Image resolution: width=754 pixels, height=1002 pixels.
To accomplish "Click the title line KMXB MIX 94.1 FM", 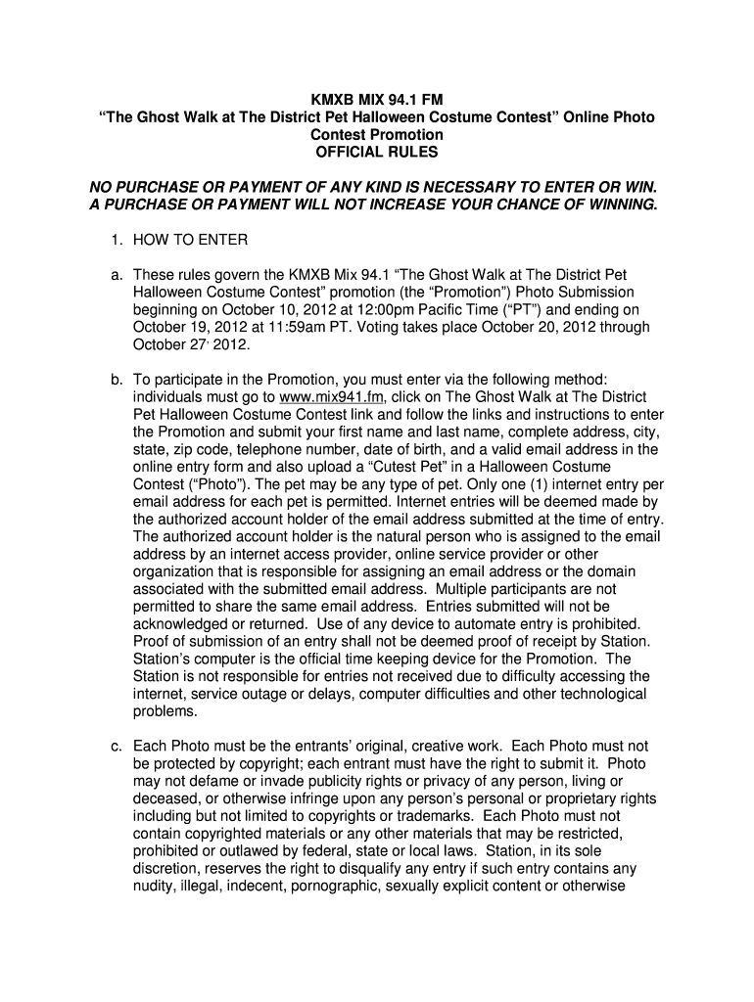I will pyautogui.click(x=377, y=99).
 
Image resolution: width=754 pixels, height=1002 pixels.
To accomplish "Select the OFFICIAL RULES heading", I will pyautogui.click(x=377, y=152).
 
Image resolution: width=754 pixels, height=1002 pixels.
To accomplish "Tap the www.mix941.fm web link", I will pyautogui.click(x=332, y=397).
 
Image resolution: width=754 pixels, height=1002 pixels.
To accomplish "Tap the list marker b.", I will pyautogui.click(x=113, y=380).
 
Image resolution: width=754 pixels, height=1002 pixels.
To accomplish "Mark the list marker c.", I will pyautogui.click(x=113, y=746).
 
